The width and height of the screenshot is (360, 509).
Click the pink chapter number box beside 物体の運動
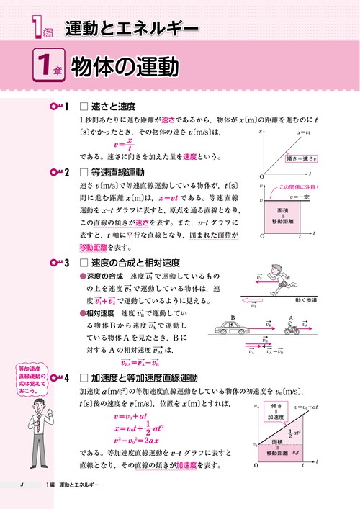[x=50, y=66]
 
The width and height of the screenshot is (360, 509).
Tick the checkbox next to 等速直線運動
[x=84, y=174]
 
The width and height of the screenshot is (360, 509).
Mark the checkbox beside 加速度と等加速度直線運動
[x=84, y=377]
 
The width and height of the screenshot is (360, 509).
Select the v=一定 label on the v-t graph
[x=298, y=196]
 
